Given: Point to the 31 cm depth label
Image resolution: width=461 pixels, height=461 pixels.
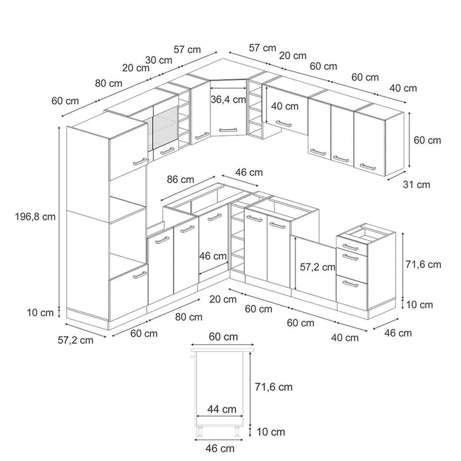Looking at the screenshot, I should click(415, 184).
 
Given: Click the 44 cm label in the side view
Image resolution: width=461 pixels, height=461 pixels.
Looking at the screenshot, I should click(222, 409).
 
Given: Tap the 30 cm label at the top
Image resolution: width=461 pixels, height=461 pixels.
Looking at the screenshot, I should click(158, 60).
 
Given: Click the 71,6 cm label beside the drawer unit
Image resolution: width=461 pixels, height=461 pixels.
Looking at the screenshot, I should click(423, 264).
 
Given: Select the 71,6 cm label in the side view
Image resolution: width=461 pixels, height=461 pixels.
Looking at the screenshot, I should click(274, 387).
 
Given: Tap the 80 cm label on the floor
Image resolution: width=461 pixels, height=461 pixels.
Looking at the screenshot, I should click(189, 316).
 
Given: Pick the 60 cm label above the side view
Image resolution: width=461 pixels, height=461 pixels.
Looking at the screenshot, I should click(223, 337).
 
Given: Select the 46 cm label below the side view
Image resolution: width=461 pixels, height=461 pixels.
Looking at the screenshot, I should click(220, 448).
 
